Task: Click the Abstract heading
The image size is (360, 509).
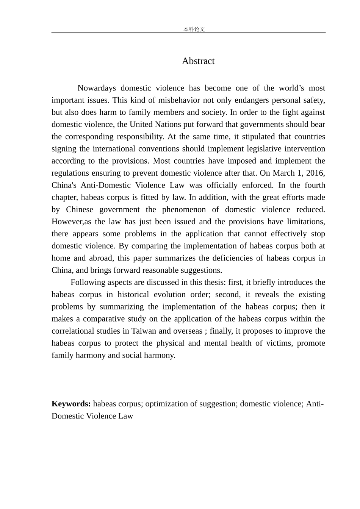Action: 198,61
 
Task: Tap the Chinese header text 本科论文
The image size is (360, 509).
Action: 194,29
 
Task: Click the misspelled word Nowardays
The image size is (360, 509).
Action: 97,88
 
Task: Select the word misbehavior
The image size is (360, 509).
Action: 178,100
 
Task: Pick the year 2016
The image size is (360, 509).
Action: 315,173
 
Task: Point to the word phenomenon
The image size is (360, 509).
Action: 184,209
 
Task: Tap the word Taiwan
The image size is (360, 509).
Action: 144,331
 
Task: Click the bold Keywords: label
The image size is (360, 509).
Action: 71,404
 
